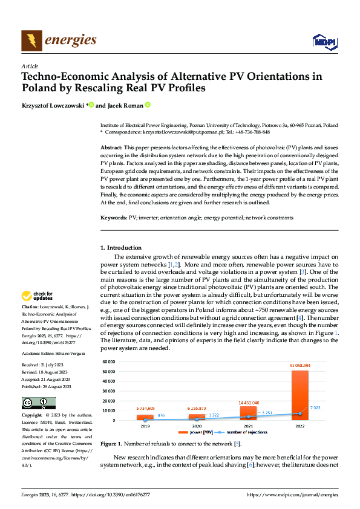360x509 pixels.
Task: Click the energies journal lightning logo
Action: tap(31, 41)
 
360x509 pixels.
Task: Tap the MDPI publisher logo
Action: tap(323, 41)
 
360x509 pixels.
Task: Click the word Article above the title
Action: tap(30, 66)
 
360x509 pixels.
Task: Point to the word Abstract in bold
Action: tap(111, 148)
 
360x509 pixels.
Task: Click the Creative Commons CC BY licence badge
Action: tap(39, 403)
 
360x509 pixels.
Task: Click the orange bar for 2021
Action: tap(248, 413)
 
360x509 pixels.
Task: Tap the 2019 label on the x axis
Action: tap(145, 426)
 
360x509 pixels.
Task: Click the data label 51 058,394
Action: tap(300, 366)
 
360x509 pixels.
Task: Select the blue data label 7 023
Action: tap(315, 407)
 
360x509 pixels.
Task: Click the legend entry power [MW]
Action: tap(200, 432)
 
